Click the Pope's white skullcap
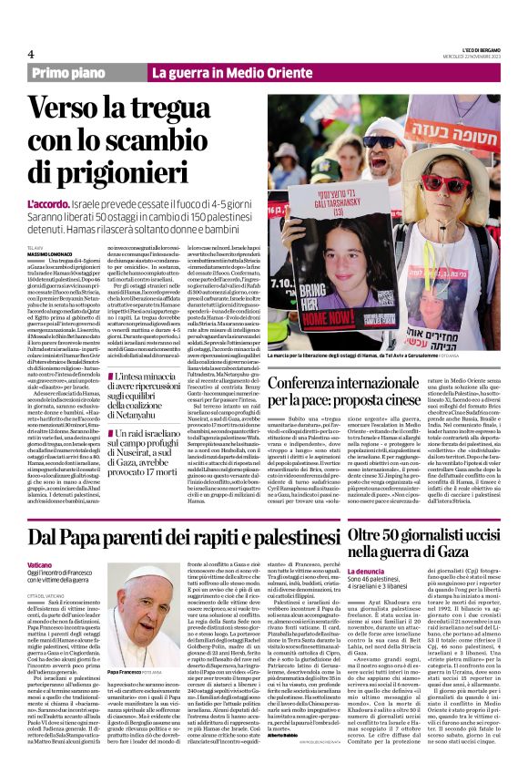click(x=136, y=572)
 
